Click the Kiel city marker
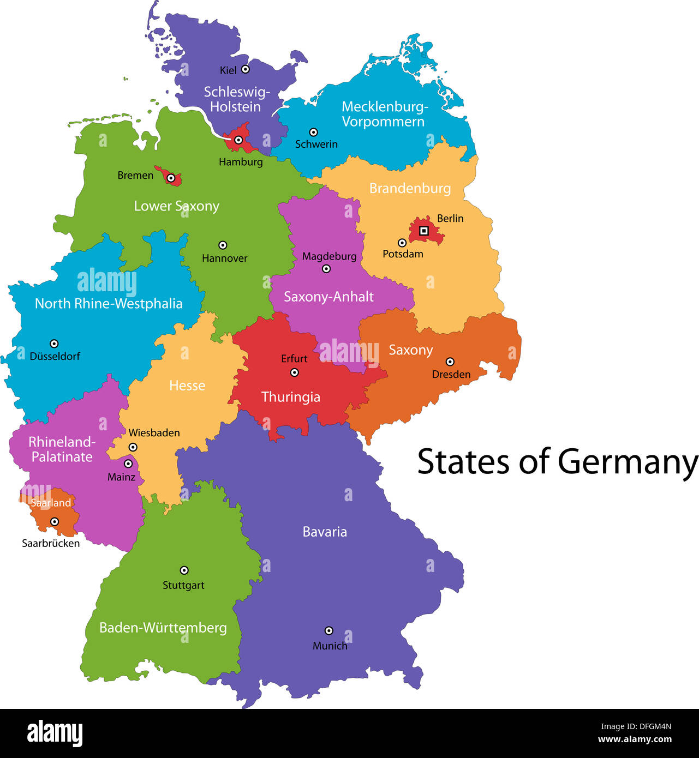pyautogui.click(x=246, y=69)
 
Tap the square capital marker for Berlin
pyautogui.click(x=423, y=231)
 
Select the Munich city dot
pyautogui.click(x=328, y=630)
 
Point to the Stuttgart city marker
pyautogui.click(x=184, y=570)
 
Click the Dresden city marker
pyautogui.click(x=450, y=362)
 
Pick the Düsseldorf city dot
pyautogui.click(x=54, y=344)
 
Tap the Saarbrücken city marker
pyautogui.click(x=55, y=522)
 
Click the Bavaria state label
pyautogui.click(x=325, y=532)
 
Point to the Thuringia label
pyautogui.click(x=290, y=397)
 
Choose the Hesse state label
pyautogui.click(x=187, y=386)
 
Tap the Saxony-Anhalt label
pyautogui.click(x=328, y=297)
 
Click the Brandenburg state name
pyautogui.click(x=410, y=189)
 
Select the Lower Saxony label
pyautogui.click(x=176, y=206)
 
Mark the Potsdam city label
pyautogui.click(x=403, y=254)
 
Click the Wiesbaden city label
pyautogui.click(x=154, y=433)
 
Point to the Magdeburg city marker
pyautogui.click(x=326, y=268)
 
